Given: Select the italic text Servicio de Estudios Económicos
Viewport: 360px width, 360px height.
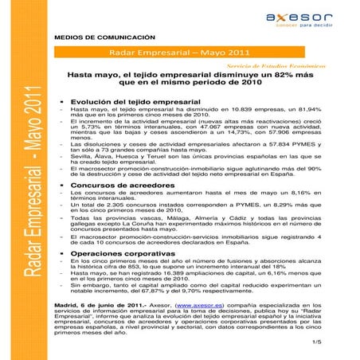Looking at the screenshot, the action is (282, 67).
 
